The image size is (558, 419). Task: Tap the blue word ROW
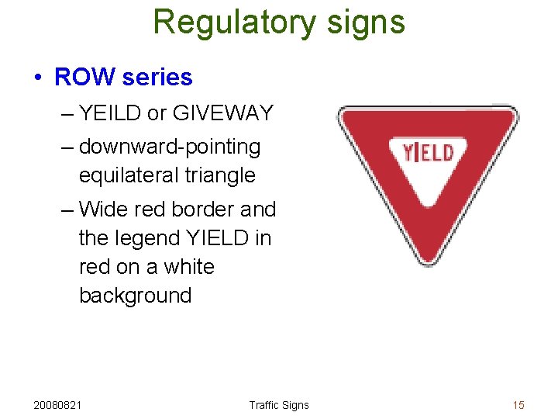point(83,78)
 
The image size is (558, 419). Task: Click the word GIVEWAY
point(223,113)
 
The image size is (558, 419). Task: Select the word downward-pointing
point(169,147)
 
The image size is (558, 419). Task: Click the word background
point(135,296)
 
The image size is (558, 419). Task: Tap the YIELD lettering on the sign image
point(428,151)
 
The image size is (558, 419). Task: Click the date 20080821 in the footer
point(60,405)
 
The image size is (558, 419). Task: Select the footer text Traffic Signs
point(278,405)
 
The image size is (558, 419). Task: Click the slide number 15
point(518,405)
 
